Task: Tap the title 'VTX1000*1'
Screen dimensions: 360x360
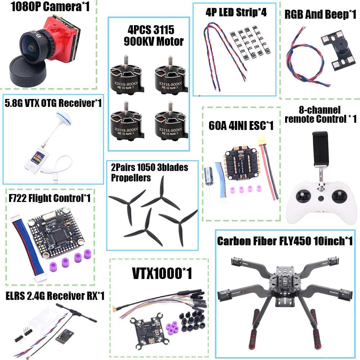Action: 162,273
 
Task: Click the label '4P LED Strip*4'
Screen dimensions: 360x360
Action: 236,12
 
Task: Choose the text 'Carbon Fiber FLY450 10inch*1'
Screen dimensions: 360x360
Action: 285,241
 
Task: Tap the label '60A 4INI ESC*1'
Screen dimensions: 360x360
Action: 241,125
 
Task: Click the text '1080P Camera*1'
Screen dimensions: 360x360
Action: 50,7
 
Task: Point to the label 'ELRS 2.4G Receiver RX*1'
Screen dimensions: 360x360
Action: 55,296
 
